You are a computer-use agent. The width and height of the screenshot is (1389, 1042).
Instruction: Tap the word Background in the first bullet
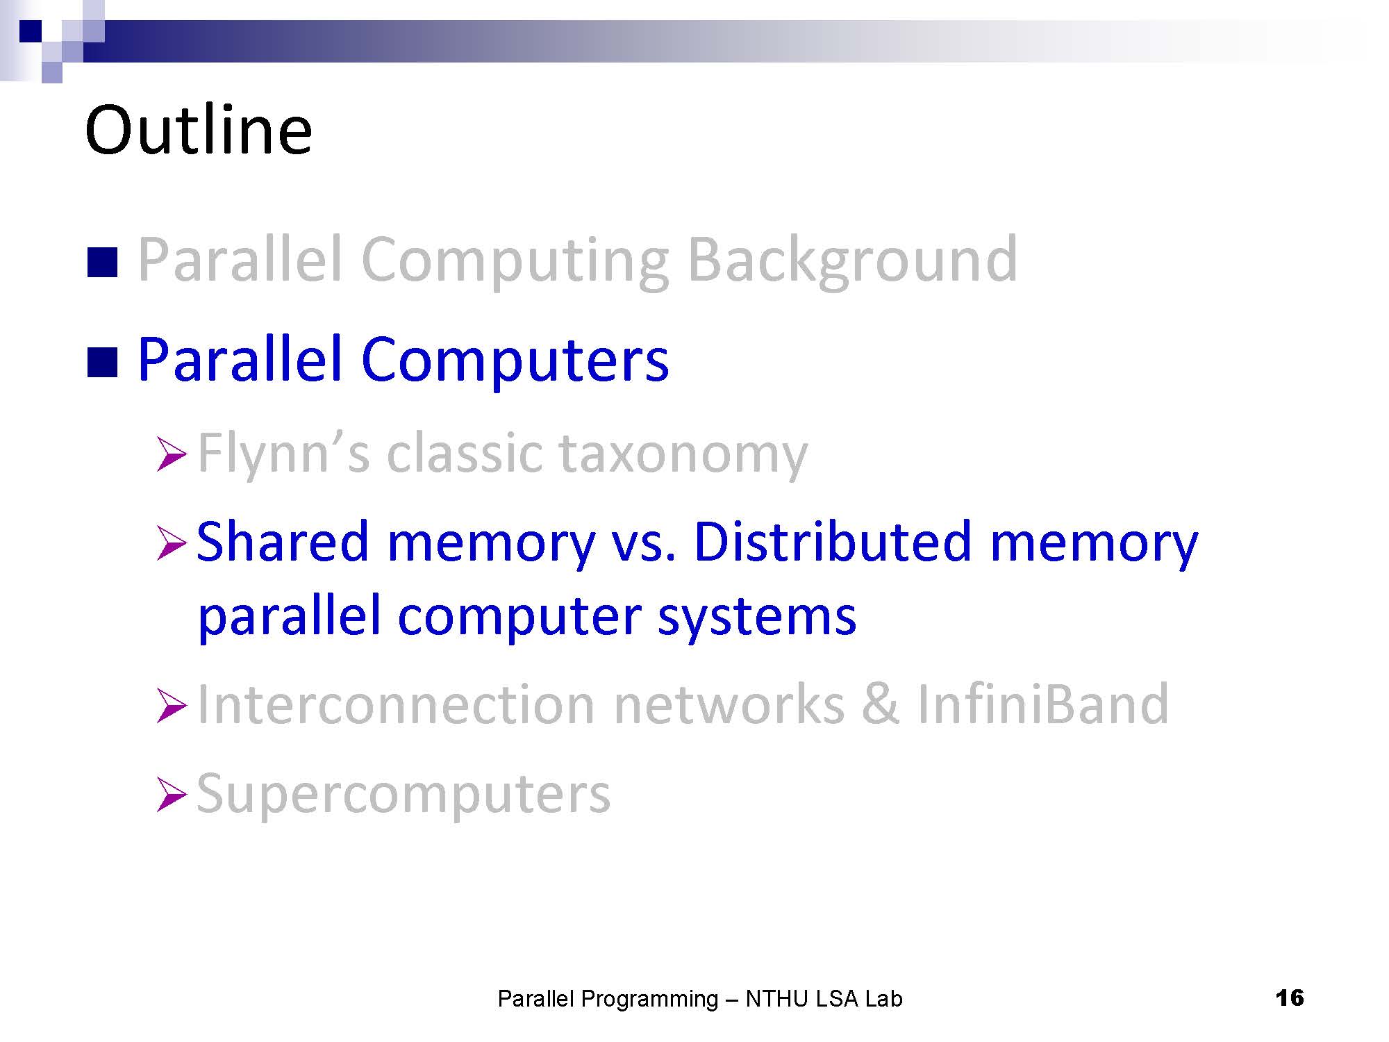click(852, 262)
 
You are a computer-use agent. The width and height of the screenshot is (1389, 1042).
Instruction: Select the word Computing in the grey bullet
click(515, 262)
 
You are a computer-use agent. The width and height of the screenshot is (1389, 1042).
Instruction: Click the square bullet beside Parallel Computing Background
click(102, 263)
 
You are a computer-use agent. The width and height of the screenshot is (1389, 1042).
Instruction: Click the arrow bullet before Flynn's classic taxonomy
click(172, 455)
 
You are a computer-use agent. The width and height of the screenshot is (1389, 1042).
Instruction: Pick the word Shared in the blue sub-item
click(283, 542)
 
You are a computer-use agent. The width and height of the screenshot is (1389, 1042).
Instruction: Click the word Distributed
click(832, 542)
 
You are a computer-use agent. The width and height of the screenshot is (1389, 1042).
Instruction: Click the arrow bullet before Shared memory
click(172, 543)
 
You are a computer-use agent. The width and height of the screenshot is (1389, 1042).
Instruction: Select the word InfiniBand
click(1043, 704)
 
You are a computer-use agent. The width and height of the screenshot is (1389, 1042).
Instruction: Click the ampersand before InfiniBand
click(881, 704)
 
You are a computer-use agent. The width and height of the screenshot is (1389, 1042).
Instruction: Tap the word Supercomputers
click(404, 794)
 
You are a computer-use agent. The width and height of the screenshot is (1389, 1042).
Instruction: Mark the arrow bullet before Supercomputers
click(172, 795)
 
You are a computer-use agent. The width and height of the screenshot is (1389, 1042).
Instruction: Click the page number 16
click(1290, 998)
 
